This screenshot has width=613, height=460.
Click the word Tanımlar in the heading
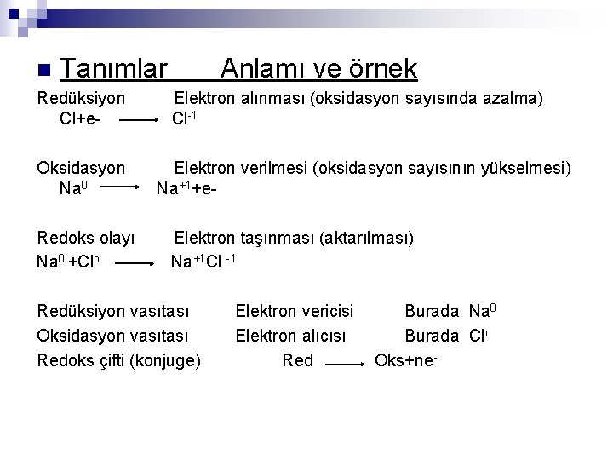pos(113,68)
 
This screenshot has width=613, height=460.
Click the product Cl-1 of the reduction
pos(185,118)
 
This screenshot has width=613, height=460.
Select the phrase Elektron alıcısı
pos(290,336)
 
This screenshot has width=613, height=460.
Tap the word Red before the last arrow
pos(297,360)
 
